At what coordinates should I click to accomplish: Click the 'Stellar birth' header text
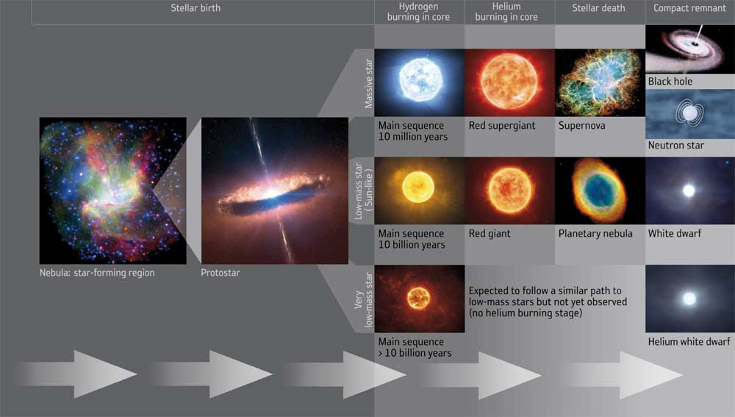pyautogui.click(x=196, y=8)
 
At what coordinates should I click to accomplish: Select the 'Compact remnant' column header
pyautogui.click(x=689, y=8)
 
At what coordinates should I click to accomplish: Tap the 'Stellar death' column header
pyautogui.click(x=598, y=8)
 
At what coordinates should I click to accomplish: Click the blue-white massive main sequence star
pyautogui.click(x=420, y=79)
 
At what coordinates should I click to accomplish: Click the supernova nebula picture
pyautogui.click(x=600, y=82)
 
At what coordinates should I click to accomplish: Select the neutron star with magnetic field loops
pyautogui.click(x=689, y=113)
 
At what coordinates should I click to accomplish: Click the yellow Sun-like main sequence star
pyautogui.click(x=418, y=187)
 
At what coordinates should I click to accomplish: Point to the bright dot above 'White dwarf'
pyautogui.click(x=689, y=190)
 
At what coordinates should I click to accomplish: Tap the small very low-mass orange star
pyautogui.click(x=419, y=298)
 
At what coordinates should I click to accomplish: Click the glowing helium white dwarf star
pyautogui.click(x=689, y=299)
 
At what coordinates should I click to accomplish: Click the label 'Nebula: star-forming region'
pyautogui.click(x=97, y=273)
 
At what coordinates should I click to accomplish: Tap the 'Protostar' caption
pyautogui.click(x=220, y=273)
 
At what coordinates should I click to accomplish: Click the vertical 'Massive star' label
pyautogui.click(x=368, y=83)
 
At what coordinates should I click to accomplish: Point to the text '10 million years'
pyautogui.click(x=413, y=137)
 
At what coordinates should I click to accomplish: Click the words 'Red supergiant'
pyautogui.click(x=502, y=126)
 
